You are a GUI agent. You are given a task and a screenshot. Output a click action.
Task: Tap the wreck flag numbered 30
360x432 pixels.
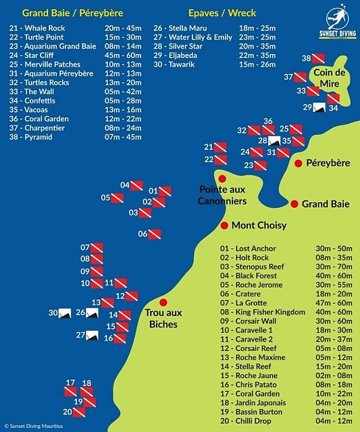(x=66, y=313)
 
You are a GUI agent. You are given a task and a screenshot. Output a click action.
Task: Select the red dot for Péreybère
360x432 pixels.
(x=298, y=163)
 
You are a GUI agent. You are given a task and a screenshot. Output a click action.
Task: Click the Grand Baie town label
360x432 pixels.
(x=325, y=204)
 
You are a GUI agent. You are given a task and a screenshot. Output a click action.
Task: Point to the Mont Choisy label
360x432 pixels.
(x=259, y=225)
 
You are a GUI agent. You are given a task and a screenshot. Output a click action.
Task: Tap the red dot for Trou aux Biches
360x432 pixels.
(x=162, y=303)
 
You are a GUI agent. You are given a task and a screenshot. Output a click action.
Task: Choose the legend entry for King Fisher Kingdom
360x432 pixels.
(x=263, y=312)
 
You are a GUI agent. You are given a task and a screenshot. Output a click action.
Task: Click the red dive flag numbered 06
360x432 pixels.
(x=154, y=234)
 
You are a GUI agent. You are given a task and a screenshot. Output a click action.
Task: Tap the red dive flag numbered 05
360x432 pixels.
(x=117, y=198)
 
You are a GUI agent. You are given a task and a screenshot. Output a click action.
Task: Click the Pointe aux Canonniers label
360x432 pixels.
(x=222, y=195)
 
